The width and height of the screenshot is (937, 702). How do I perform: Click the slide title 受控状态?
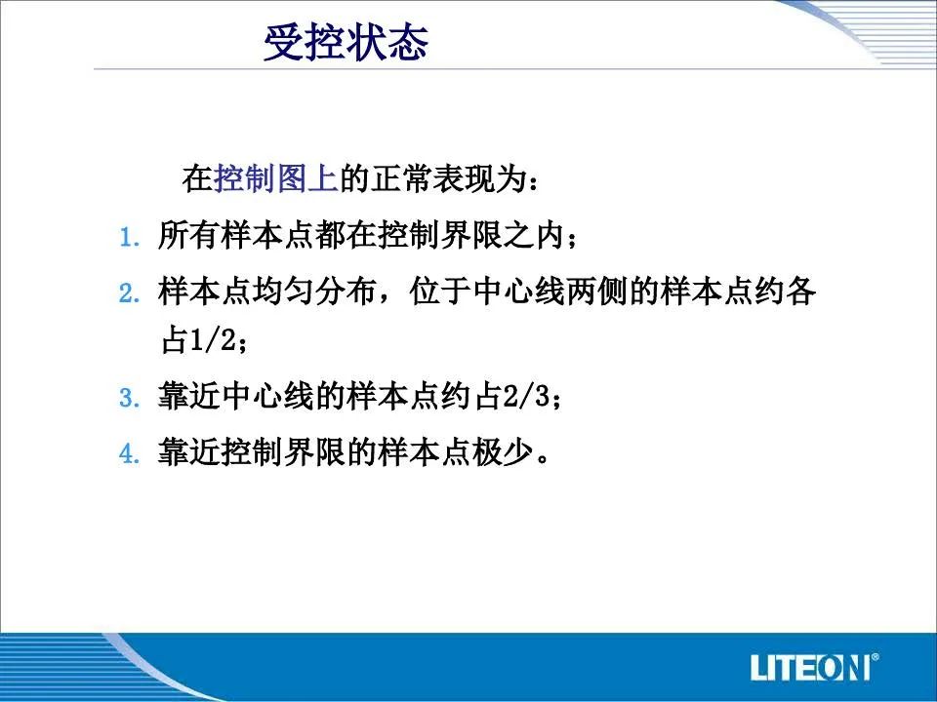click(x=346, y=42)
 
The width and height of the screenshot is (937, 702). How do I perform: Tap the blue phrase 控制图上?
click(x=275, y=177)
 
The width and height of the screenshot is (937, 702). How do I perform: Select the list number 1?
click(x=130, y=238)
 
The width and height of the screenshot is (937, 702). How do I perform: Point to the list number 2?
click(x=130, y=293)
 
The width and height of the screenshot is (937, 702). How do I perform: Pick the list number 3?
click(x=130, y=398)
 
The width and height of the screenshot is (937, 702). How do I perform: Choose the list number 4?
click(x=130, y=453)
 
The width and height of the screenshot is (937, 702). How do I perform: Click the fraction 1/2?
click(x=213, y=340)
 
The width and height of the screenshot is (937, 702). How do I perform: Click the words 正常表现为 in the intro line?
click(x=448, y=177)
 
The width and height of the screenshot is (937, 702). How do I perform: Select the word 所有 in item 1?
click(x=189, y=235)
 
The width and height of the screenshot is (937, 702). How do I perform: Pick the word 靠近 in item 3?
click(x=189, y=396)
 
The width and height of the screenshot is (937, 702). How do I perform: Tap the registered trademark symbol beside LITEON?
click(x=875, y=658)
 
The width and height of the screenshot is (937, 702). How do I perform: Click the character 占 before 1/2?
click(x=175, y=340)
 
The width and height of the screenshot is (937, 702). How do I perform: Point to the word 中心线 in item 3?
click(x=267, y=396)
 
